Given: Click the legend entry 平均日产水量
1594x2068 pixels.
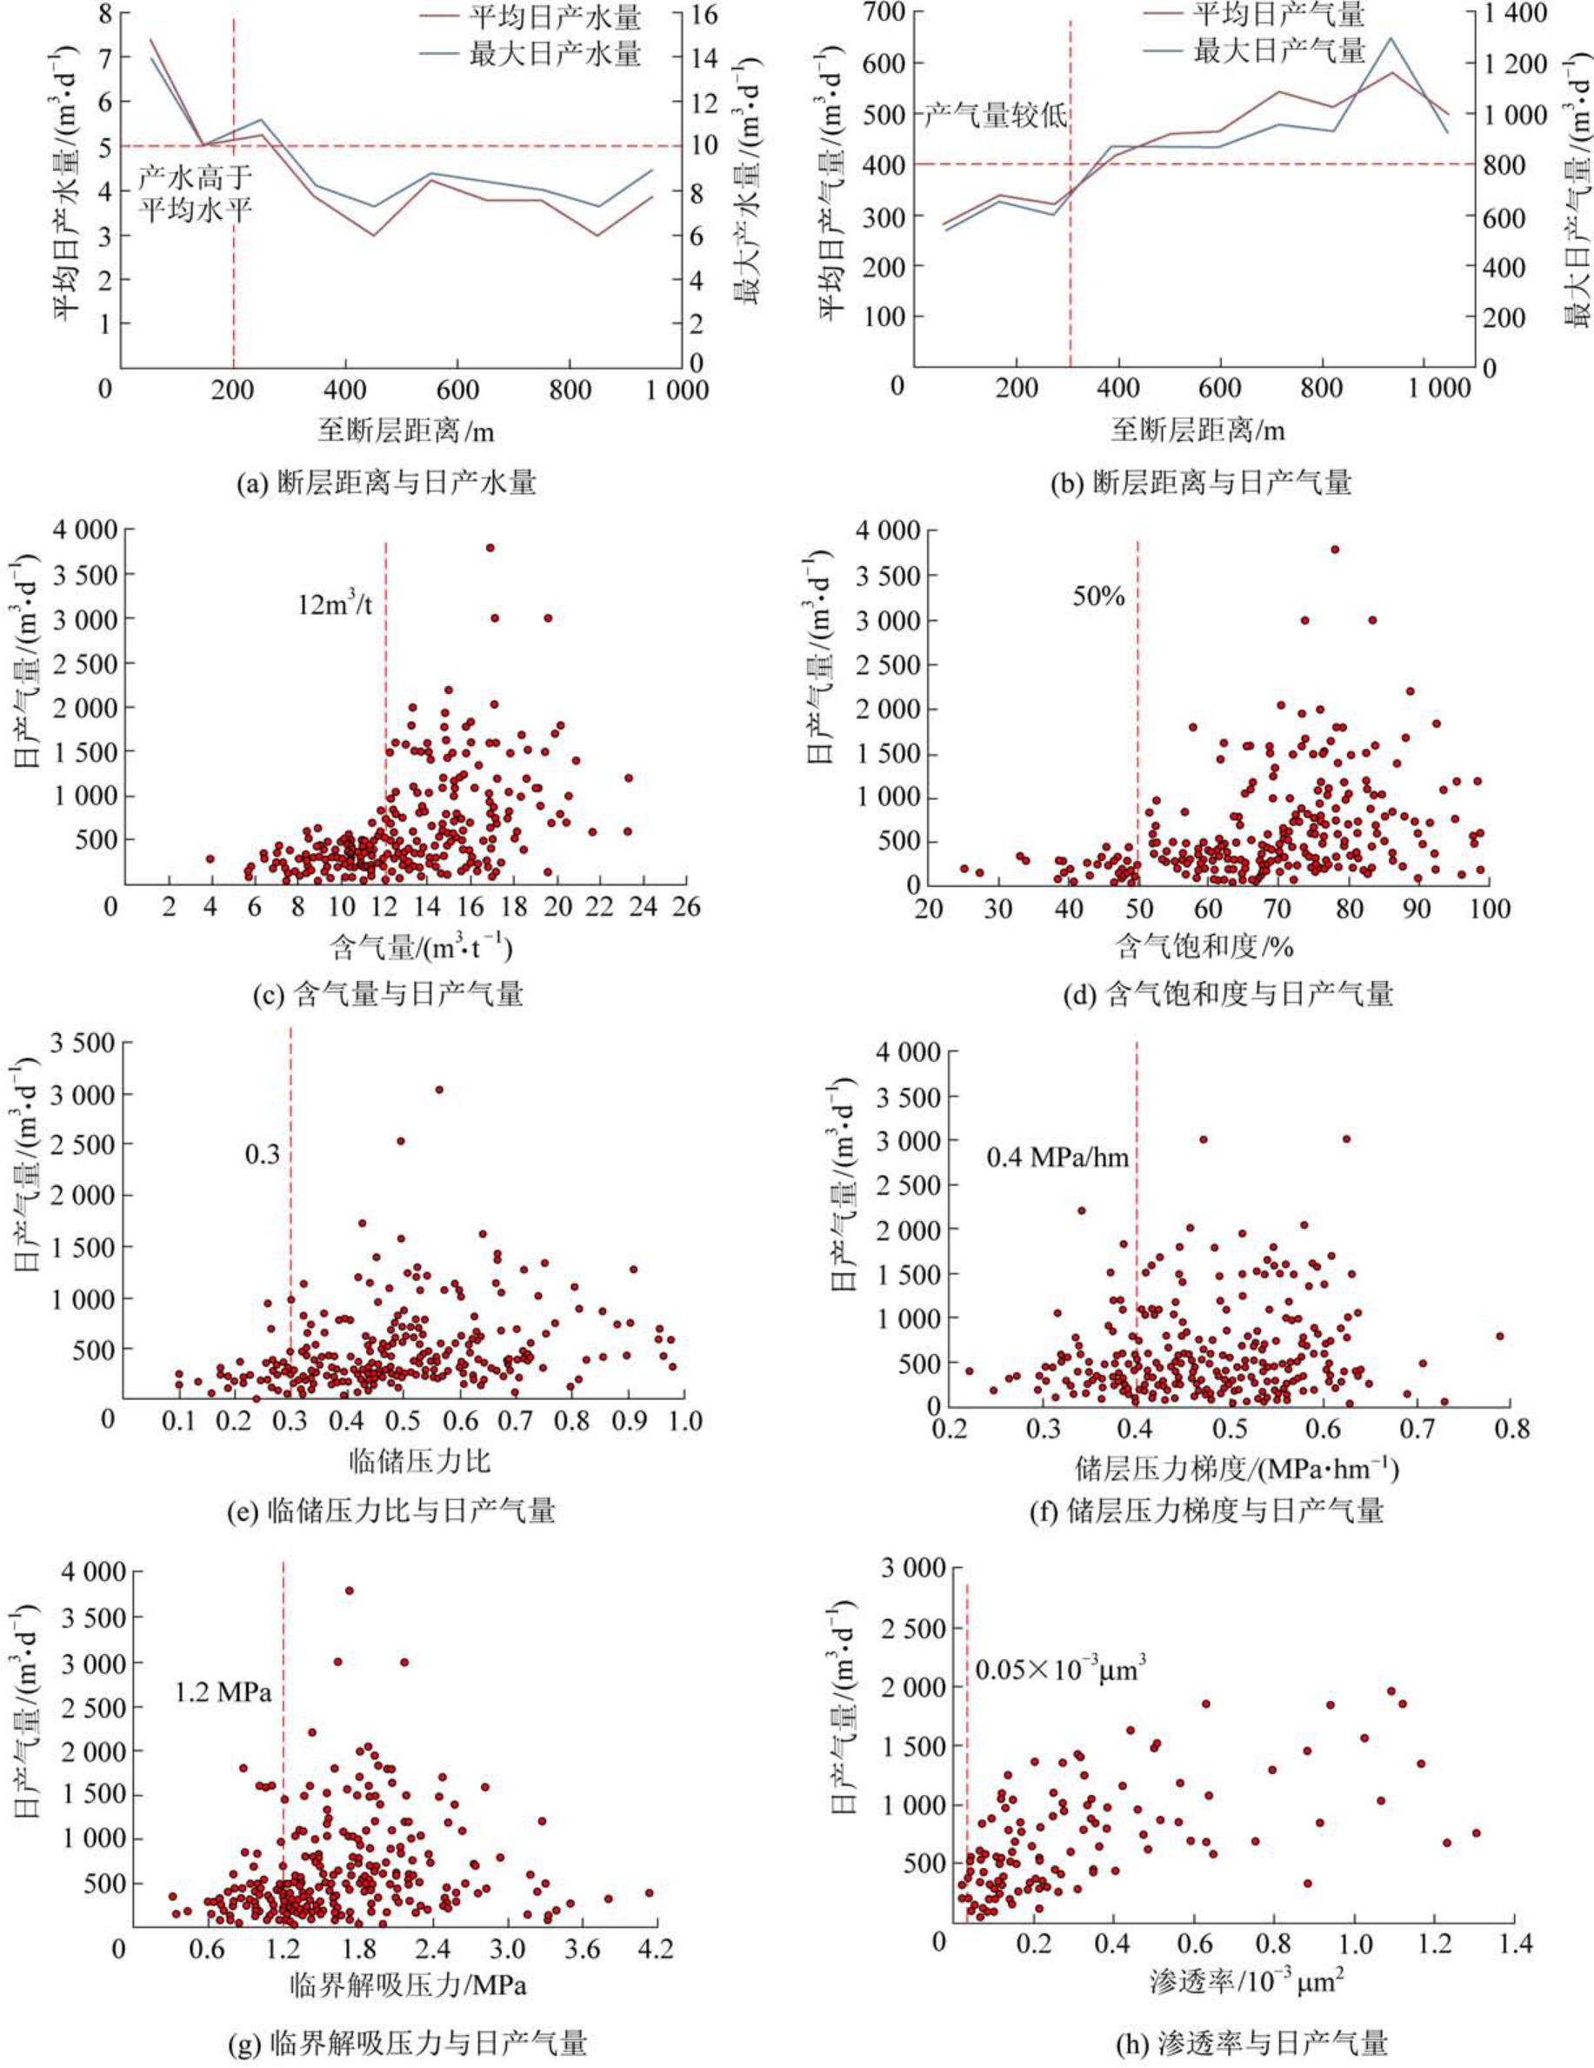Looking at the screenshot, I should point(554,17).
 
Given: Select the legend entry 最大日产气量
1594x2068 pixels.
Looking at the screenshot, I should point(1278,50).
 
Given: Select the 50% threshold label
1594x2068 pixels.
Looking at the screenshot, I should point(1098,596).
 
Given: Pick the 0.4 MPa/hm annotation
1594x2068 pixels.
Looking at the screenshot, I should point(1057,1157).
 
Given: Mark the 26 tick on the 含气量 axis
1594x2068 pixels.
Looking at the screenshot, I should point(686,907).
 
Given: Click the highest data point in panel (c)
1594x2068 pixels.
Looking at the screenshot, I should point(490,547).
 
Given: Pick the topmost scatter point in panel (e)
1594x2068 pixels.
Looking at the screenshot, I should point(438,1090).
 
